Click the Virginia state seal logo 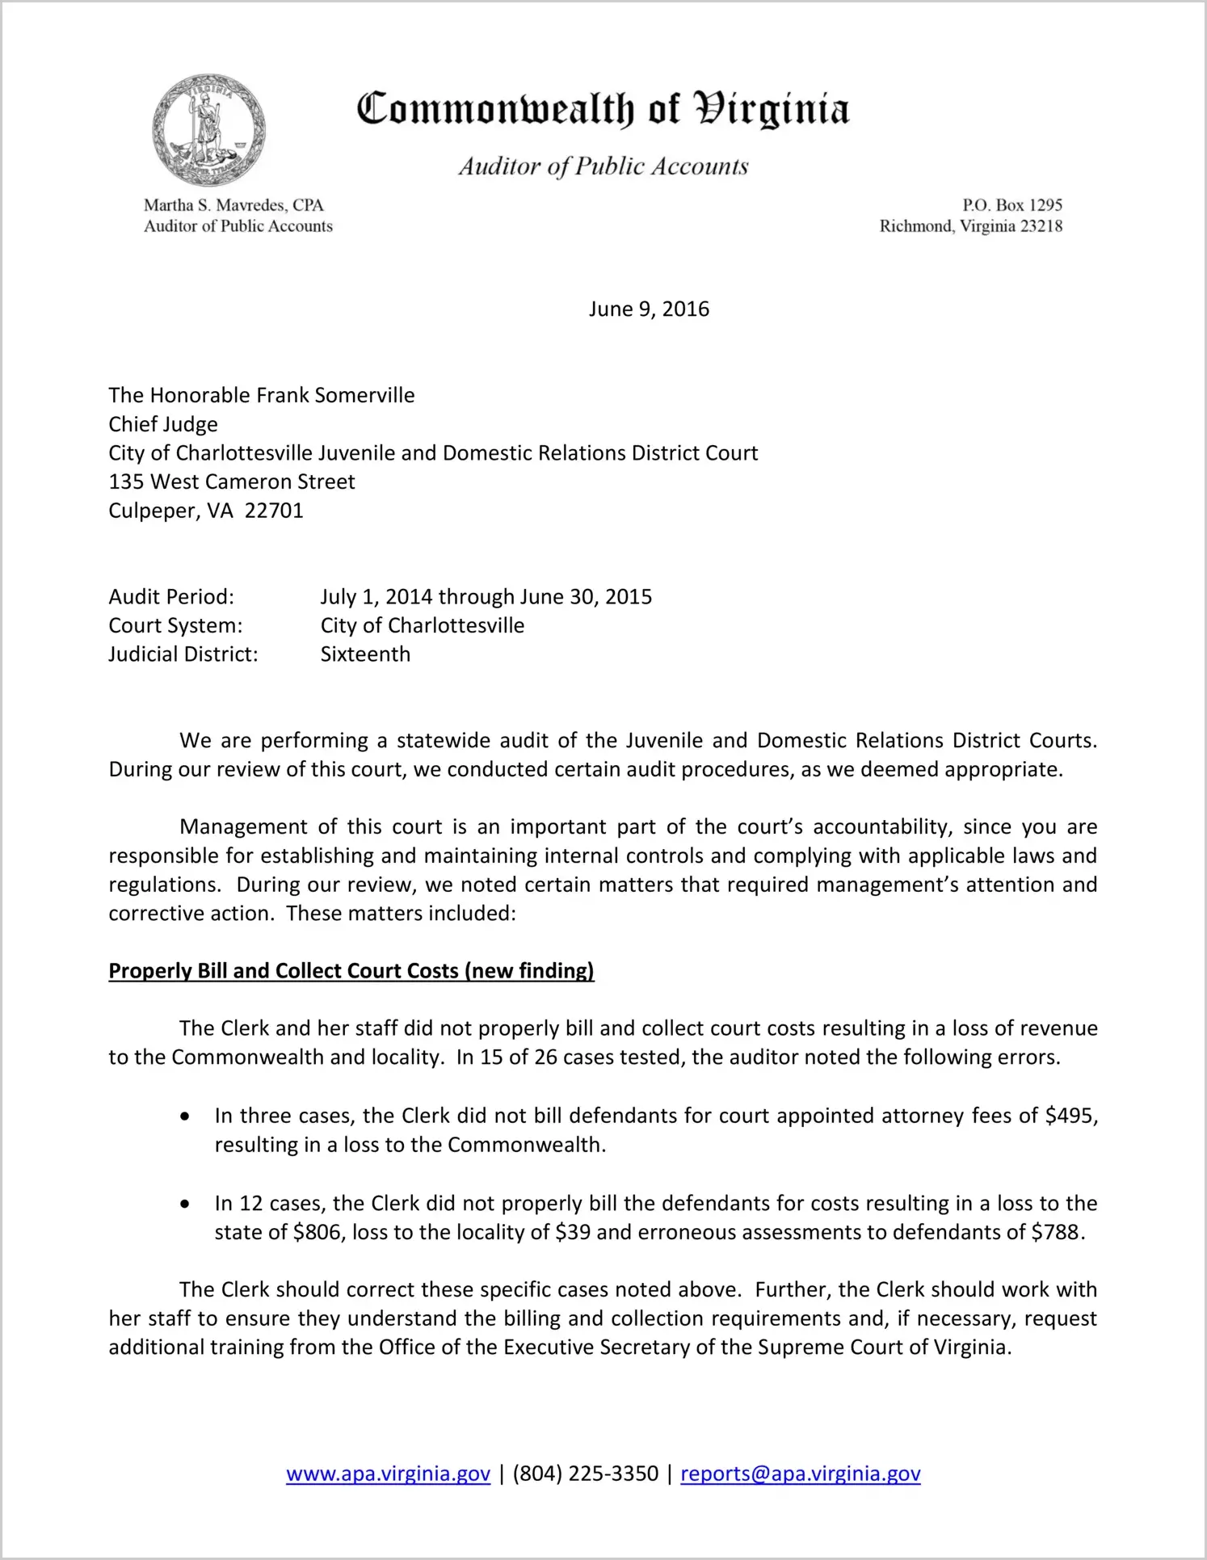click(208, 130)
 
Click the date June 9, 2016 click(649, 309)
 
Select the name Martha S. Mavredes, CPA click(233, 205)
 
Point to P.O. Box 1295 click(1011, 205)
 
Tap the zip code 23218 click(1041, 226)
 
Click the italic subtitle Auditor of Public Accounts click(603, 166)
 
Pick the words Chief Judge click(163, 424)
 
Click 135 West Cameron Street click(232, 481)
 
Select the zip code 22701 click(274, 511)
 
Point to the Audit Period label click(171, 597)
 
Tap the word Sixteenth click(365, 654)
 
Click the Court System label click(175, 625)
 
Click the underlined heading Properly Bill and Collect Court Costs click(351, 971)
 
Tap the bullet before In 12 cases click(186, 1204)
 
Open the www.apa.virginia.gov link click(388, 1474)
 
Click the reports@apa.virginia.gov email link click(800, 1474)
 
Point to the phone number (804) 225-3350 click(585, 1474)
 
